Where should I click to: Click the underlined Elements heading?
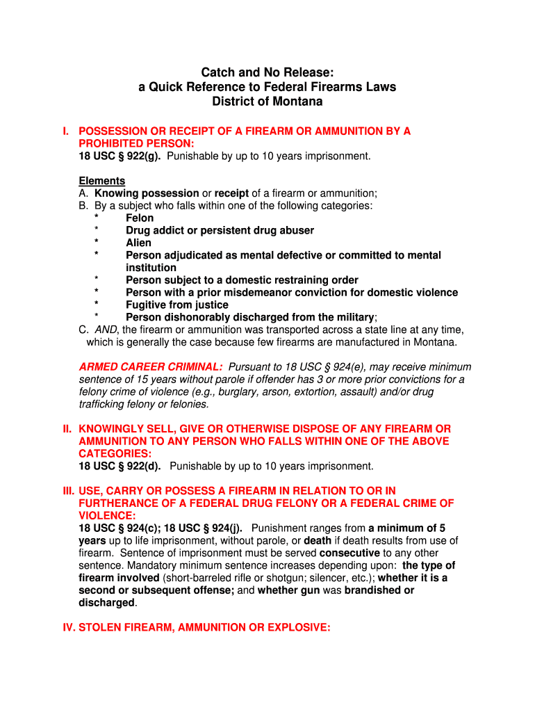pos(101,181)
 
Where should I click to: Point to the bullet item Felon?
pos(140,218)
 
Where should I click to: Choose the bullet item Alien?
pos(138,243)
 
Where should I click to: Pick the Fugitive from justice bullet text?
pos(176,305)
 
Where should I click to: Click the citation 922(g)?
pos(140,156)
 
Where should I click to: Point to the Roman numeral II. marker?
pos(67,429)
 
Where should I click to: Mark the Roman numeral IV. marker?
pos(67,628)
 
